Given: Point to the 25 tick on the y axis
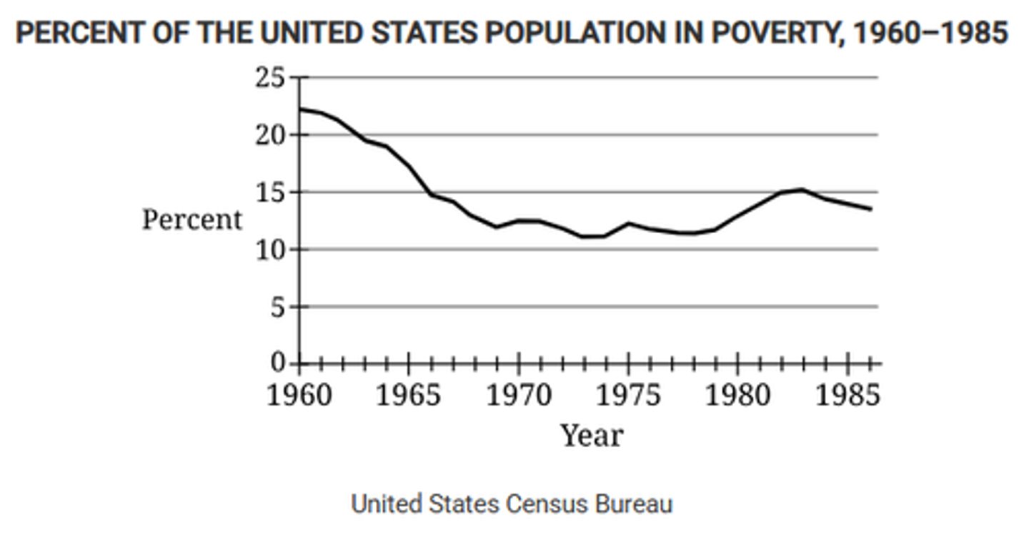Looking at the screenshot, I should point(269,77).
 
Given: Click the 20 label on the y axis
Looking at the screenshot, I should point(269,134).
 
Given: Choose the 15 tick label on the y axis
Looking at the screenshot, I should point(269,192).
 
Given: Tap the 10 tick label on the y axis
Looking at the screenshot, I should point(269,250).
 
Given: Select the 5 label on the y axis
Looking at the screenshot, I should point(277,307).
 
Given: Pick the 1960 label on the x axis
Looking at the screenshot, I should point(299,395).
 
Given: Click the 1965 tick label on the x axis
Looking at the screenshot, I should point(409,395).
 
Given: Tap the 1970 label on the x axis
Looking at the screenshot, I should point(519,395).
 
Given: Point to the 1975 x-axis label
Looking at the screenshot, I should point(629,395).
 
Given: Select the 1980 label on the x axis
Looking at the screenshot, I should point(738,395).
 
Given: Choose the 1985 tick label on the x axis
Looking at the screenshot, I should point(847,395).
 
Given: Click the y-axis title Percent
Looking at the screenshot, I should point(192,220).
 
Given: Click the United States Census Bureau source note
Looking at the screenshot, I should point(512,504).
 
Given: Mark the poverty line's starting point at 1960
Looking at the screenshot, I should point(299,109).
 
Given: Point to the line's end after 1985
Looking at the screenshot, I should point(870,209).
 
